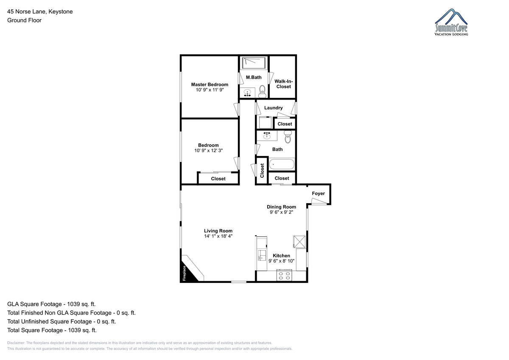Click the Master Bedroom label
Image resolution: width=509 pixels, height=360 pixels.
(x=210, y=84)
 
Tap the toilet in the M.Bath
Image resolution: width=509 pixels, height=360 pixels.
(x=262, y=91)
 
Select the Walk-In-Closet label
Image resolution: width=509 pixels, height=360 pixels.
(x=283, y=84)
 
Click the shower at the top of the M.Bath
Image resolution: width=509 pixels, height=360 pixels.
(x=254, y=63)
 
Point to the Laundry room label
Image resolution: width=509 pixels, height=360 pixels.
(x=273, y=108)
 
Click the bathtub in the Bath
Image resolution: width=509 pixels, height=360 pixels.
(x=282, y=164)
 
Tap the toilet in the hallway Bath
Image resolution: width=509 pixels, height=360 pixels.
(x=288, y=137)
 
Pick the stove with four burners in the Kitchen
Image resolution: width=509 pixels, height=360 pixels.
(x=284, y=275)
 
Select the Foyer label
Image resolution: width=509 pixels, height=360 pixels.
(x=318, y=193)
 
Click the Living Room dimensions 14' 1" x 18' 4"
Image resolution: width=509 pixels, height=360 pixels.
(x=218, y=236)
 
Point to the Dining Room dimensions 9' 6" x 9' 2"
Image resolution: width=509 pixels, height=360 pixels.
(x=281, y=212)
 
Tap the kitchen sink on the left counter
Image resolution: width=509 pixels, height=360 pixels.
(x=262, y=255)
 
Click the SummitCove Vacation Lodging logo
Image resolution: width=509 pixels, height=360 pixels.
(x=451, y=22)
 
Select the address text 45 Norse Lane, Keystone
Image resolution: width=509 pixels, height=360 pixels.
(x=40, y=11)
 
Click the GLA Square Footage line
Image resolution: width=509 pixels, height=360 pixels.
(x=51, y=304)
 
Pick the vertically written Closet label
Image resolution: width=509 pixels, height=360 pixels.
(x=262, y=170)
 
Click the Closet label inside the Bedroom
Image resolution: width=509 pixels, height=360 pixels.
(x=218, y=179)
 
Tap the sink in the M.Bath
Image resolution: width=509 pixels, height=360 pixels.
(x=247, y=93)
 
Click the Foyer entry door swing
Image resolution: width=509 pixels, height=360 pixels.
(x=319, y=201)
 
